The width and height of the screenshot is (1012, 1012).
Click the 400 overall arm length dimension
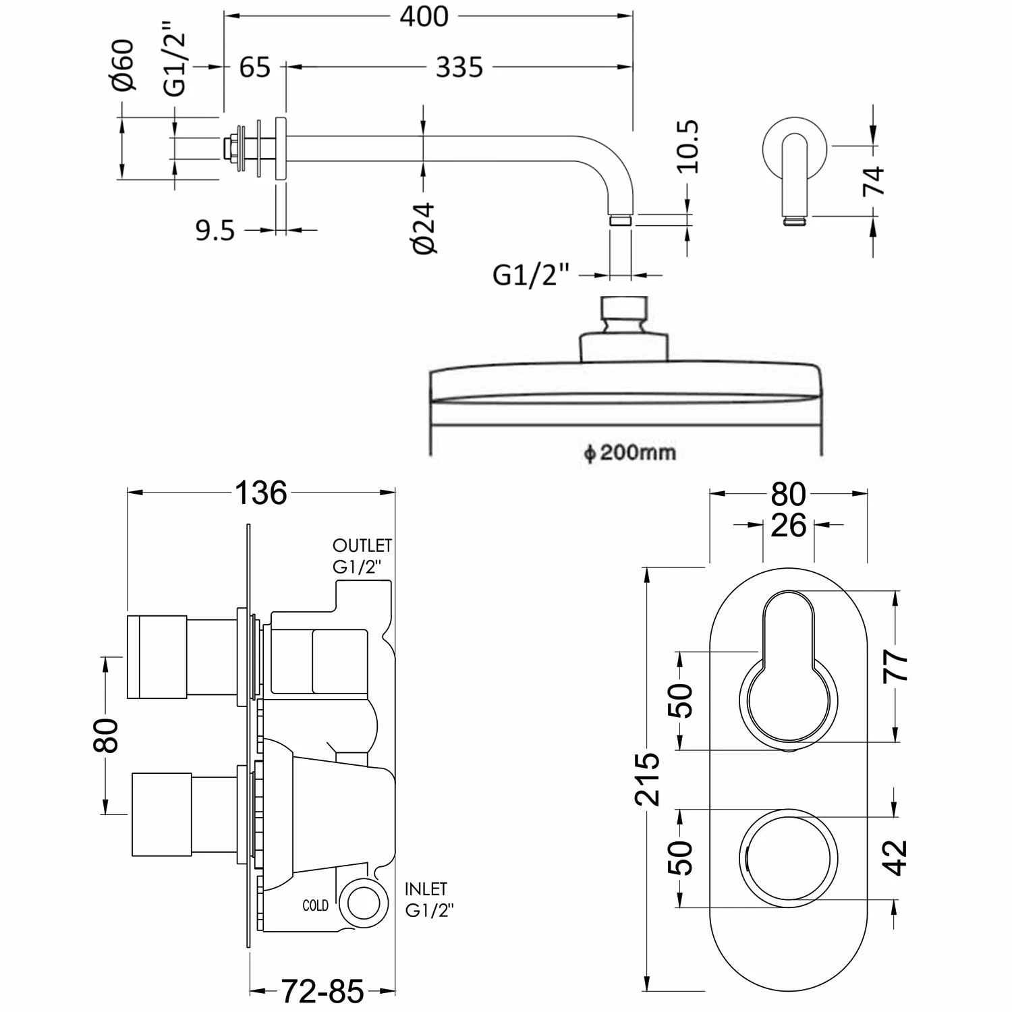tap(424, 16)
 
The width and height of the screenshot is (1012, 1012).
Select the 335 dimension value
tap(459, 67)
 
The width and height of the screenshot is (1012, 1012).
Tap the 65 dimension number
tap(255, 67)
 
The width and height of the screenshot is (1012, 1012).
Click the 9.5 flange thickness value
tap(215, 231)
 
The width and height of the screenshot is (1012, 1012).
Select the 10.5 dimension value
tap(689, 147)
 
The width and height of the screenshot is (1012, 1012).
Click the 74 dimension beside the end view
tap(874, 180)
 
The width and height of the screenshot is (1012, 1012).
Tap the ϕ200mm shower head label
tap(629, 452)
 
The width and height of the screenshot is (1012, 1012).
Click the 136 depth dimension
tap(261, 493)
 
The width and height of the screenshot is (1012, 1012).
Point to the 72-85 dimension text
tap(322, 991)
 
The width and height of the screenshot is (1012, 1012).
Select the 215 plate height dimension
tap(648, 779)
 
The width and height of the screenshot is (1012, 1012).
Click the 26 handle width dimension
tap(788, 526)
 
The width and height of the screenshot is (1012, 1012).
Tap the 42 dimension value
tap(897, 857)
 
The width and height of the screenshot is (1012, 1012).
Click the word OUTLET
tap(362, 545)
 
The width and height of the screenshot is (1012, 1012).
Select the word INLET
tap(426, 889)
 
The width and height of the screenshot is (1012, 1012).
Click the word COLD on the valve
tap(315, 905)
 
